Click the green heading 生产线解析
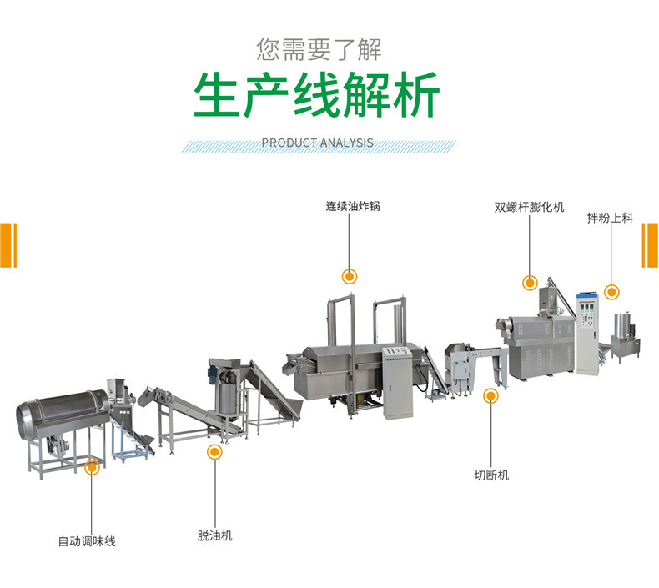tap(317, 97)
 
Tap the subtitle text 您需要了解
tap(319, 49)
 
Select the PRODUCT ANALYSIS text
tap(318, 143)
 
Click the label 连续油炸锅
tap(352, 205)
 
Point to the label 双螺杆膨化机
tap(528, 205)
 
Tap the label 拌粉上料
tap(610, 218)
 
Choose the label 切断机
tap(491, 475)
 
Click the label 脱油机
tap(214, 535)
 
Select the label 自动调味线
tap(87, 541)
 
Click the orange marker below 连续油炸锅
tap(350, 276)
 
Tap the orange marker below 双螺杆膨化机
tap(529, 283)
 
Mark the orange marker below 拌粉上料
tap(611, 292)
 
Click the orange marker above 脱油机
tap(214, 453)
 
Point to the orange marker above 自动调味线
tap(92, 468)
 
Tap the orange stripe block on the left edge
tap(8, 245)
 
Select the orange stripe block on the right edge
tap(649, 245)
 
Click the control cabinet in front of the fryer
tap(398, 383)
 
